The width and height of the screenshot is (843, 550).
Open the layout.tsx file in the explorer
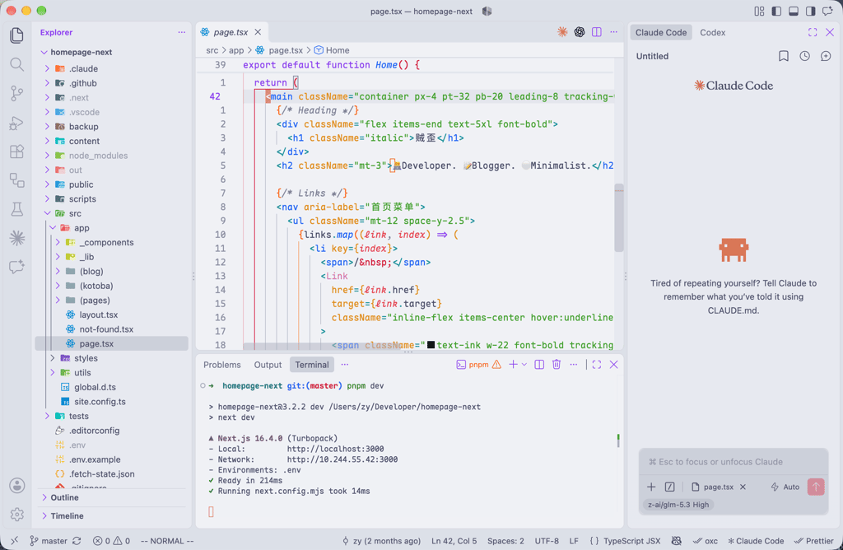pyautogui.click(x=99, y=315)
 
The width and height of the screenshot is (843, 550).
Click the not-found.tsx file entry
pyautogui.click(x=106, y=329)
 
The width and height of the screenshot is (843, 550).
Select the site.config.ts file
pyautogui.click(x=100, y=402)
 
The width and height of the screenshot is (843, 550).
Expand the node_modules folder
pyautogui.click(x=98, y=156)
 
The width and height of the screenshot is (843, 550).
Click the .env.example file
pyautogui.click(x=95, y=459)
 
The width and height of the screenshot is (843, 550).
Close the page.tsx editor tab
pyautogui.click(x=258, y=32)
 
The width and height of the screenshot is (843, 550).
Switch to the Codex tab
pyautogui.click(x=712, y=32)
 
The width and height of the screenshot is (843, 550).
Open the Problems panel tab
pyautogui.click(x=222, y=365)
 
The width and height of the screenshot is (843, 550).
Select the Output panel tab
pyautogui.click(x=268, y=365)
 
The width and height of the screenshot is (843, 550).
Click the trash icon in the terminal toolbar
pyautogui.click(x=557, y=365)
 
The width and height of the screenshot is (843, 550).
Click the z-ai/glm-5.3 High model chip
pyautogui.click(x=678, y=505)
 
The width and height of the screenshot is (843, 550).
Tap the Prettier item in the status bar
pyautogui.click(x=814, y=541)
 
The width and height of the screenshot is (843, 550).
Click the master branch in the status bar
pyautogui.click(x=49, y=541)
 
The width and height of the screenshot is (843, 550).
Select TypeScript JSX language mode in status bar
pyautogui.click(x=626, y=541)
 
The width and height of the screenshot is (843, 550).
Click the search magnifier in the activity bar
pyautogui.click(x=16, y=64)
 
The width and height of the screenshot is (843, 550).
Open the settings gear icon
pyautogui.click(x=16, y=515)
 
